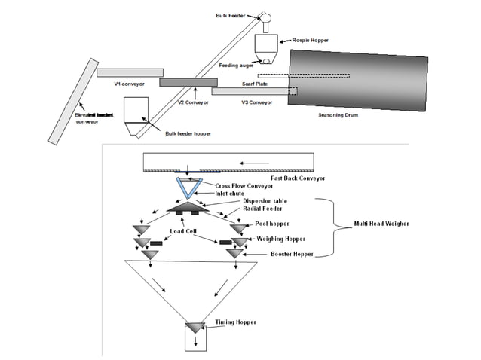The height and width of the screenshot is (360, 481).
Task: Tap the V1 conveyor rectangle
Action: pos(130,72)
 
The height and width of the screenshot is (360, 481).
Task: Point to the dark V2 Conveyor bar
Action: pos(188,81)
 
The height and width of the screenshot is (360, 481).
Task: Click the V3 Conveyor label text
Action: pos(256,102)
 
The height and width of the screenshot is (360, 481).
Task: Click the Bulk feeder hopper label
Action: pos(188,133)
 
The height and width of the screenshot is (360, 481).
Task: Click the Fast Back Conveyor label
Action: pos(298,178)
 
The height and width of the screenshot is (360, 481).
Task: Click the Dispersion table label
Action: pos(264,201)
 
